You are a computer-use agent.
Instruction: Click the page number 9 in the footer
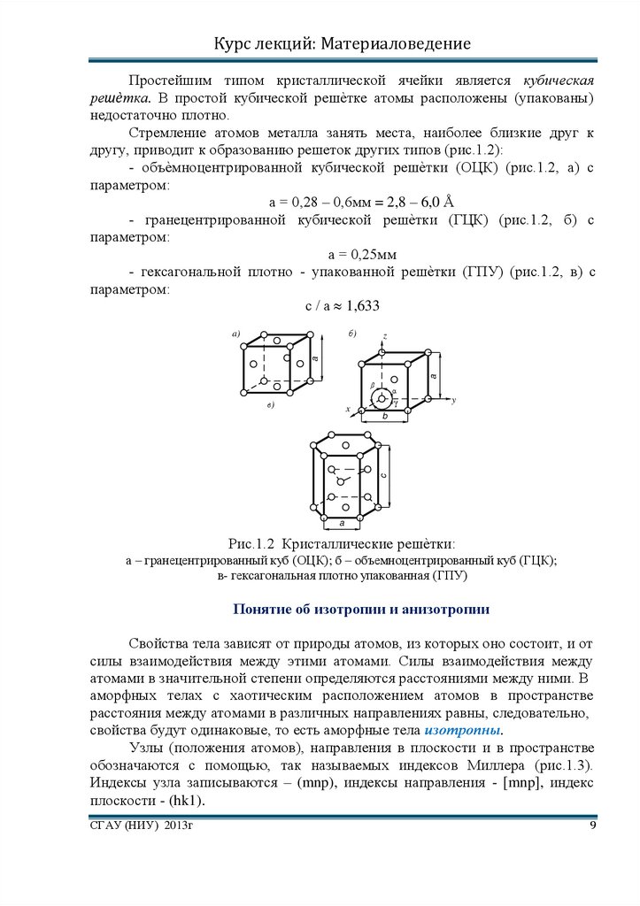(593, 826)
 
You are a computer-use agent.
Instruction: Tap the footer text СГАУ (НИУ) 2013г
(142, 826)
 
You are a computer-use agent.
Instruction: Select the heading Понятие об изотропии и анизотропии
(360, 610)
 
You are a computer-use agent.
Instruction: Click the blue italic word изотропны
(463, 731)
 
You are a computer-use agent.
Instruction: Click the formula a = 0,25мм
(342, 256)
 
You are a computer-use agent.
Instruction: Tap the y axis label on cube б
(453, 401)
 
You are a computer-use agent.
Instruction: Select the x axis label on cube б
(349, 410)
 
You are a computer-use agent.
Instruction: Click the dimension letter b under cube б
(383, 417)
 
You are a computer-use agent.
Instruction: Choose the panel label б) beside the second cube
(351, 333)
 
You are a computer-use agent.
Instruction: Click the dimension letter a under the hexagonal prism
(342, 524)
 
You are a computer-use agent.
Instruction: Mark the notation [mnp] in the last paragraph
(529, 784)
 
